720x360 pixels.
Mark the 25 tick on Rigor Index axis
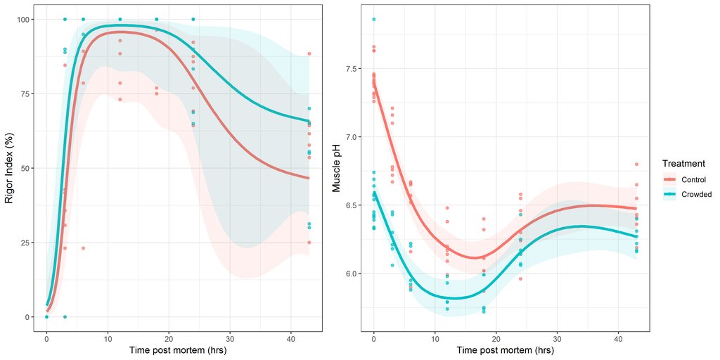tap(29, 243)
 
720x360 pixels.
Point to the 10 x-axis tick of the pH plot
tap(435, 337)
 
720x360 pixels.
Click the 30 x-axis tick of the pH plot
tap(557, 337)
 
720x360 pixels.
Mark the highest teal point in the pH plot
tap(373, 19)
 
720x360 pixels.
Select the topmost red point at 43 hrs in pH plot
tap(636, 165)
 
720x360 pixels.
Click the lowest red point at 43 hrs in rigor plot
tap(309, 243)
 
